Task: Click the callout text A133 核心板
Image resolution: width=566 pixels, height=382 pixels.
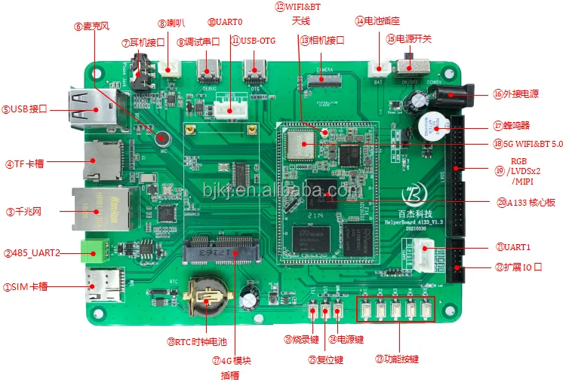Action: [x=525, y=202]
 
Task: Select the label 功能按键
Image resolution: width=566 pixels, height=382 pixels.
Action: [x=400, y=359]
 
